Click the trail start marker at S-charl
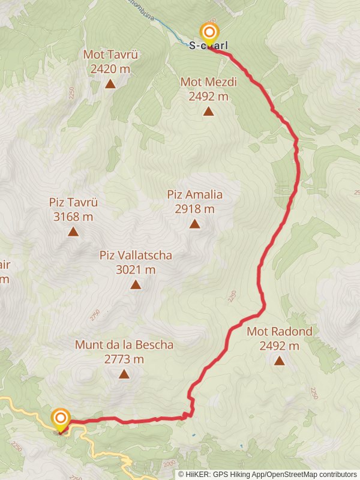point(209,32)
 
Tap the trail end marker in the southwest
point(61,418)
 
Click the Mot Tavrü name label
point(111,55)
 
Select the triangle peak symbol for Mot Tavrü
point(110,83)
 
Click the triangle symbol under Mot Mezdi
point(208,111)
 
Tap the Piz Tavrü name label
point(73,202)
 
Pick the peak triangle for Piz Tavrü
point(73,232)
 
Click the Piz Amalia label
point(195,194)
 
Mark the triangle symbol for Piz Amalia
point(194,224)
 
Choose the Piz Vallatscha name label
point(136,256)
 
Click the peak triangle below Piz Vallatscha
point(136,285)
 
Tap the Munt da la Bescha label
point(124,345)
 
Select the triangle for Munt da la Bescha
point(124,374)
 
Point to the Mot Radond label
point(280,331)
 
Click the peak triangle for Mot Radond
point(279,361)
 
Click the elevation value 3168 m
point(73,217)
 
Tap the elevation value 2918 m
point(195,209)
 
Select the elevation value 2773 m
point(124,359)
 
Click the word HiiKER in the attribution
point(197,474)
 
